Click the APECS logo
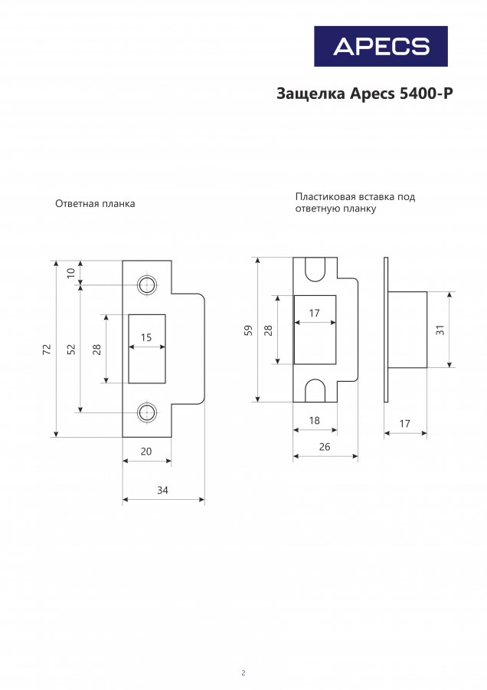tap(381, 46)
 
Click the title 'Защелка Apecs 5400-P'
tap(364, 94)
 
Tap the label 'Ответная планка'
tap(95, 204)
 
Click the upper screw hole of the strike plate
tap(146, 285)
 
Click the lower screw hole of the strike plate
tap(146, 412)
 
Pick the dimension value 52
tap(70, 349)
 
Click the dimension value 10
tap(70, 273)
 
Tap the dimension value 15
tap(146, 337)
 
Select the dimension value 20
tap(145, 452)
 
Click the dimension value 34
tap(162, 490)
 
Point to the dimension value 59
tap(248, 330)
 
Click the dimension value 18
tap(314, 420)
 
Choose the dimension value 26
tap(324, 446)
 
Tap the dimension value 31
tap(440, 330)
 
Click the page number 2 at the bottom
tap(243, 673)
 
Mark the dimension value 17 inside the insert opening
tap(315, 313)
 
